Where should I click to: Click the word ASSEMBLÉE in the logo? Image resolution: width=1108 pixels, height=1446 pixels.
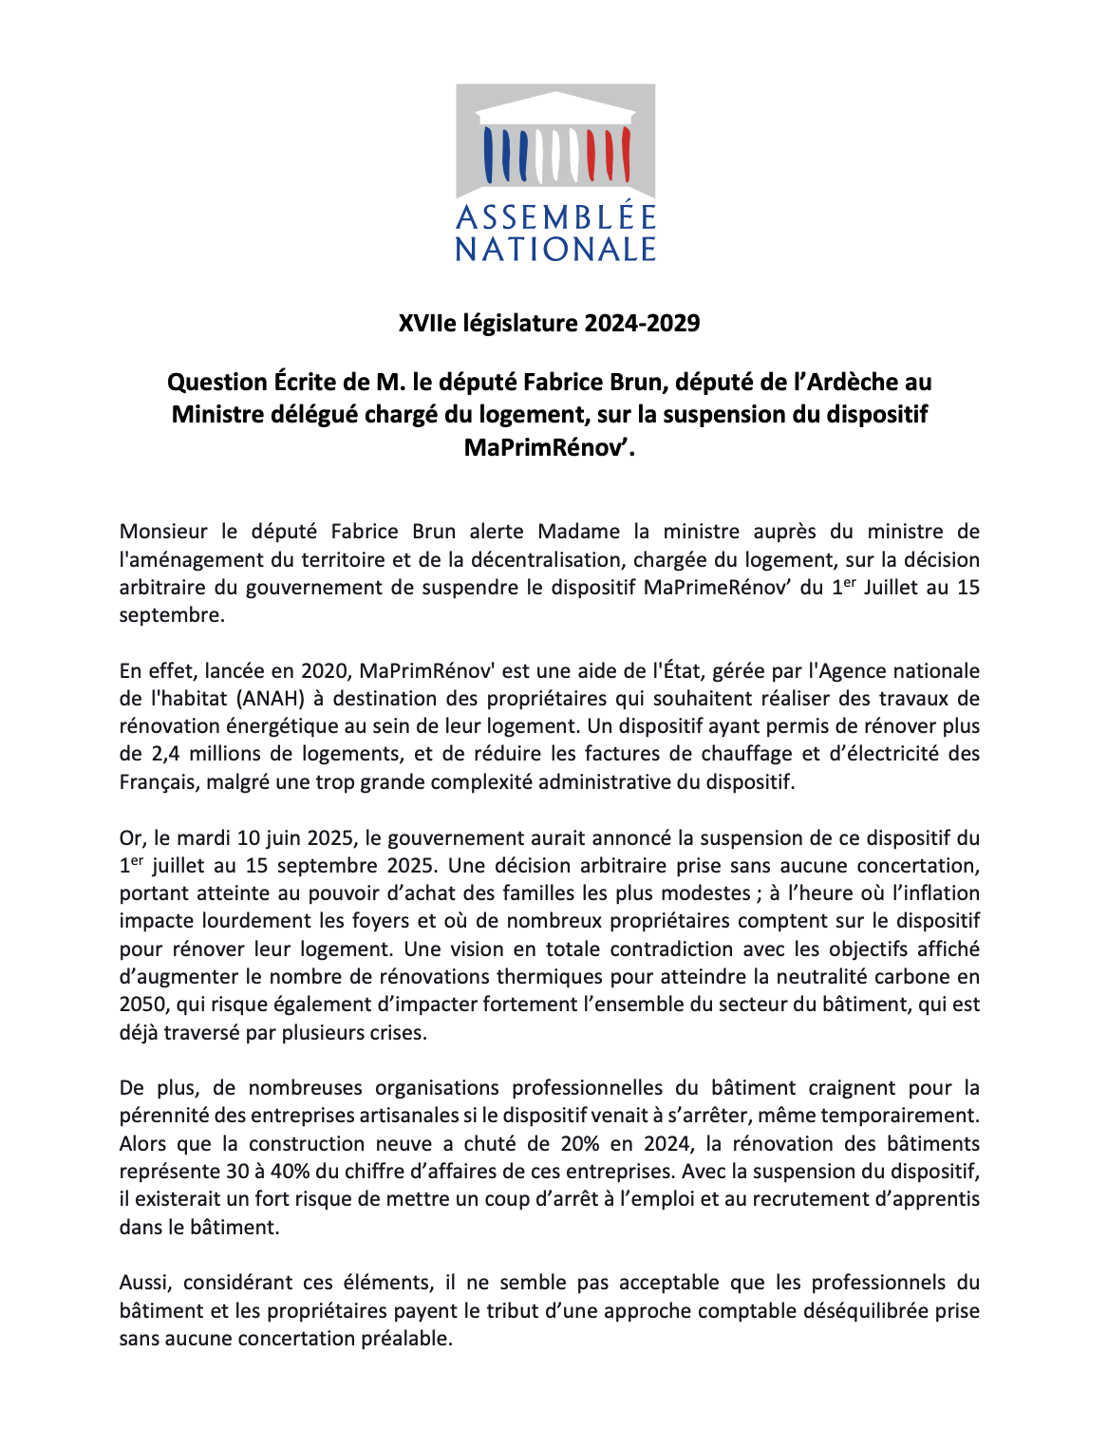(x=555, y=217)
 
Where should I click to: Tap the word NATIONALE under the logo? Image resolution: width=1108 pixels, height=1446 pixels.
(x=555, y=249)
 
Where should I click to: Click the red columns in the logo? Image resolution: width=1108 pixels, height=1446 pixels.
(x=608, y=154)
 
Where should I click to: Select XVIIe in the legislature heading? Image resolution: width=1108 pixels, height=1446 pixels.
(x=427, y=323)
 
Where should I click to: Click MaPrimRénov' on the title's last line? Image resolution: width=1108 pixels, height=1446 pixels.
(x=549, y=446)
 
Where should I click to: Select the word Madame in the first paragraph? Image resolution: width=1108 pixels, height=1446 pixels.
(x=579, y=532)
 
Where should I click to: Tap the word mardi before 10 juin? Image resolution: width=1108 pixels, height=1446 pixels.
(x=204, y=838)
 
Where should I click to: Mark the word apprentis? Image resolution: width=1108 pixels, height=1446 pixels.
(x=932, y=1199)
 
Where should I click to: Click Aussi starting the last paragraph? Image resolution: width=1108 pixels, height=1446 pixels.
(x=145, y=1283)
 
